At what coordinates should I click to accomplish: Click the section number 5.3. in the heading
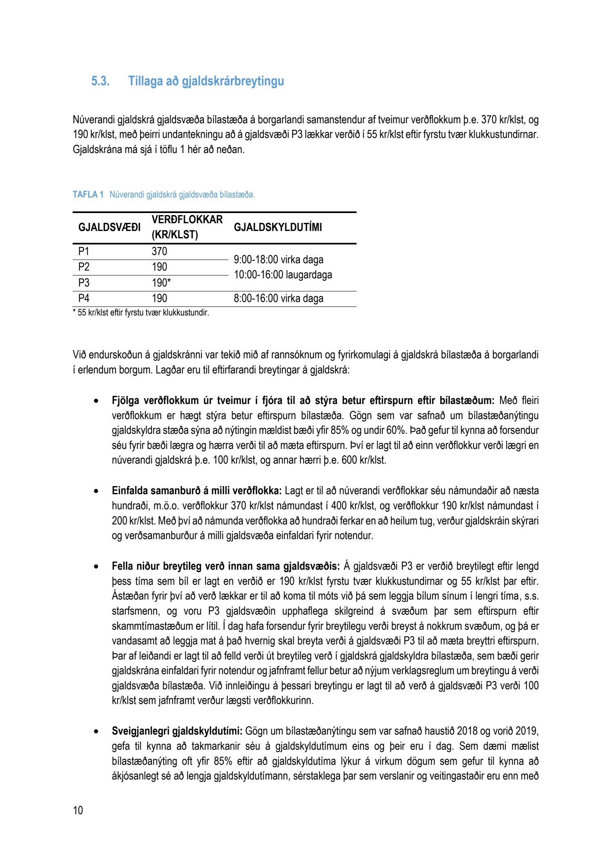[x=100, y=81]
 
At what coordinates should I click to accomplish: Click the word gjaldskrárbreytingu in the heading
[x=233, y=81]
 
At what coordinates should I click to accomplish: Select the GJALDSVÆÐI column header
[x=109, y=227]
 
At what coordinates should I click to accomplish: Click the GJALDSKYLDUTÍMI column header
[x=278, y=227]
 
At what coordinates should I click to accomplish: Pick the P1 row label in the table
[x=84, y=251]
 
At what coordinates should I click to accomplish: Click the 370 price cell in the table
[x=160, y=251]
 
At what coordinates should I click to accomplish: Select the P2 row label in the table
[x=84, y=267]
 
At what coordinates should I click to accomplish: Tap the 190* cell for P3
[x=161, y=283]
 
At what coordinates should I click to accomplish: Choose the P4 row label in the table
[x=84, y=298]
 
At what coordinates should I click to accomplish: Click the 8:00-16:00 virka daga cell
[x=279, y=298]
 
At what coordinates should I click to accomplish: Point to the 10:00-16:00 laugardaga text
[x=283, y=275]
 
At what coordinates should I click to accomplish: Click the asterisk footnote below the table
[x=141, y=313]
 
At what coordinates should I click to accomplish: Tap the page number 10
[x=78, y=810]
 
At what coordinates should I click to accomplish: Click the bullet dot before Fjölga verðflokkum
[x=96, y=401]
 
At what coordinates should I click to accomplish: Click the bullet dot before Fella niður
[x=96, y=566]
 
